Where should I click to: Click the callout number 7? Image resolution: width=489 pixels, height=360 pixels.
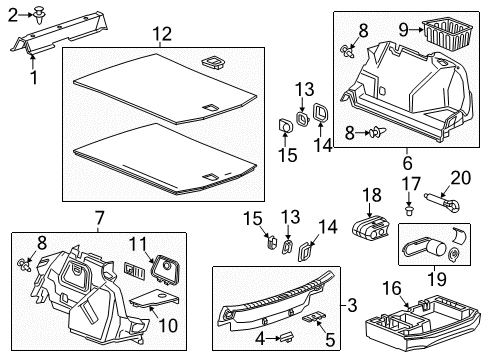pyautogui.click(x=99, y=219)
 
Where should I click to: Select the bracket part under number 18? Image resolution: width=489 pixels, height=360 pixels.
pyautogui.click(x=370, y=229)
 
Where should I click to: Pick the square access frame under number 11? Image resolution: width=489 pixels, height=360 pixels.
pyautogui.click(x=163, y=270)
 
